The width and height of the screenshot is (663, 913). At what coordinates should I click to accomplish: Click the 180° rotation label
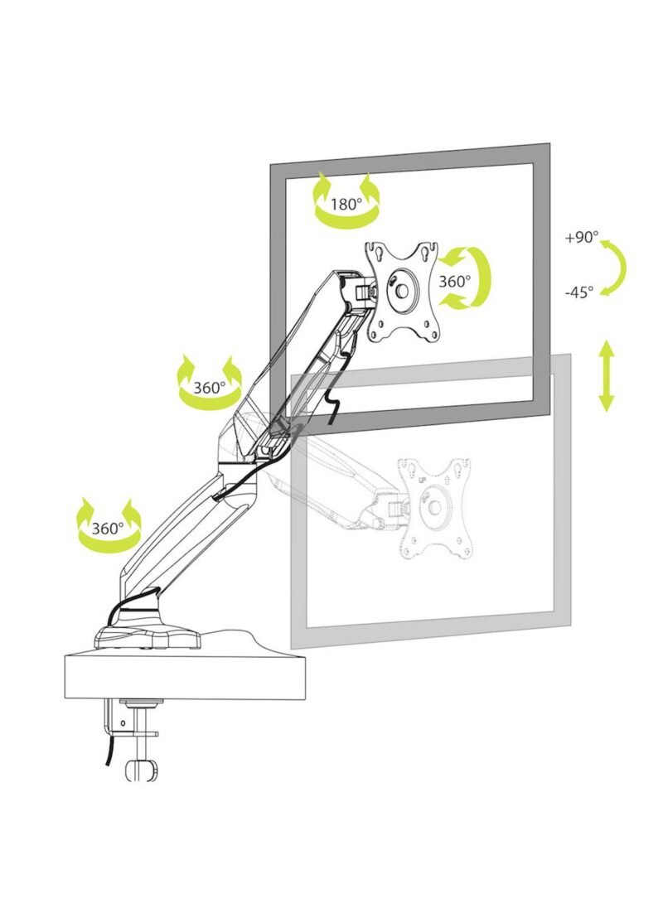coord(346,205)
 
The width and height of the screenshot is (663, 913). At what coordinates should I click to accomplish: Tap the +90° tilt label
coord(582,238)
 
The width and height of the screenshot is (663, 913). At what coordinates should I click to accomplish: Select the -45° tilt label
coord(579,292)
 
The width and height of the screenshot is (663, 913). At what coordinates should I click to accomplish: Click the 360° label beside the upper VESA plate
coord(454,281)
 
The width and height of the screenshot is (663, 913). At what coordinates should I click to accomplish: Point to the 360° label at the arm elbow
coord(209,387)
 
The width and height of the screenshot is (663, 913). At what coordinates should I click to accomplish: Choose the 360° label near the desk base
coord(108,529)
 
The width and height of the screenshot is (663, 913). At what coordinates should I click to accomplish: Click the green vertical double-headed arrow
coord(607,376)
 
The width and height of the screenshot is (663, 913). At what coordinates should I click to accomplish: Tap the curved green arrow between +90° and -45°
coord(617,268)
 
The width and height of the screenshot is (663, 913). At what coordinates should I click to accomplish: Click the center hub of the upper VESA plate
coord(402,290)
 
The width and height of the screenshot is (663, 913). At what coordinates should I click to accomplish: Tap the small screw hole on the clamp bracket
coord(123,724)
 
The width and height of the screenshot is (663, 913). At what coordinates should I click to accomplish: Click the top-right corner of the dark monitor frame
coord(549,143)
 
